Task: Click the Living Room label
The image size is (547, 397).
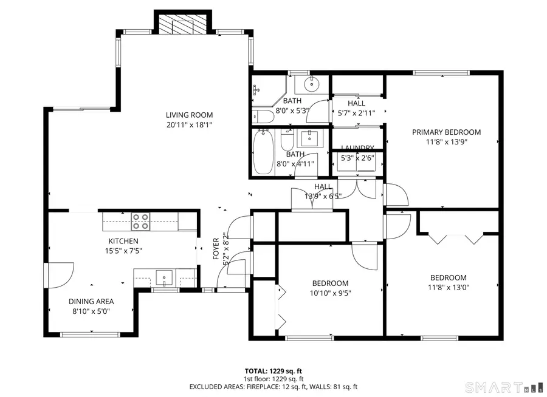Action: (x=190, y=115)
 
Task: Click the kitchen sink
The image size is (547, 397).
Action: (x=165, y=279)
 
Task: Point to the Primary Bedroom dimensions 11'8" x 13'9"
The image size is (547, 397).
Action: (x=446, y=141)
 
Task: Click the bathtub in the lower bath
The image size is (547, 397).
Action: (x=263, y=152)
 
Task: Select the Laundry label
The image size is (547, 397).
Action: (x=357, y=148)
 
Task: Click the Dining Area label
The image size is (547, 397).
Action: (x=91, y=301)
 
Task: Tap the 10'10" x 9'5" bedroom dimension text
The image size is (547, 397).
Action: (x=330, y=293)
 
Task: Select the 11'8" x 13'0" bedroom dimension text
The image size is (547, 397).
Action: (x=448, y=288)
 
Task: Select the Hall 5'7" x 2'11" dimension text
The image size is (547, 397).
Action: (x=357, y=112)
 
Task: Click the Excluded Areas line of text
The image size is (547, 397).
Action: (x=273, y=386)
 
